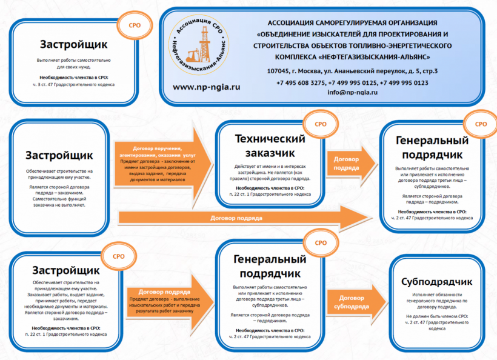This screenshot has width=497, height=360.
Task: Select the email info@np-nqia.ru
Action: point(352,92)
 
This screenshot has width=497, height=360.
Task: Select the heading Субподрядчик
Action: point(436,282)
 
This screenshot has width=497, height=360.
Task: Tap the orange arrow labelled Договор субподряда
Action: point(352,302)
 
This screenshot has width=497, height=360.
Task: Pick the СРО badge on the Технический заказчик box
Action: point(320,124)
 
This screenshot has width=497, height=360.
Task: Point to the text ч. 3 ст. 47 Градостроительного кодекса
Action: point(74,84)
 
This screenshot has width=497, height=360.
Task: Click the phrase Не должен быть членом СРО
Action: point(436,316)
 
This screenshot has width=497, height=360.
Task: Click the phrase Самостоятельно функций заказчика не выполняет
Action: point(59,202)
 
